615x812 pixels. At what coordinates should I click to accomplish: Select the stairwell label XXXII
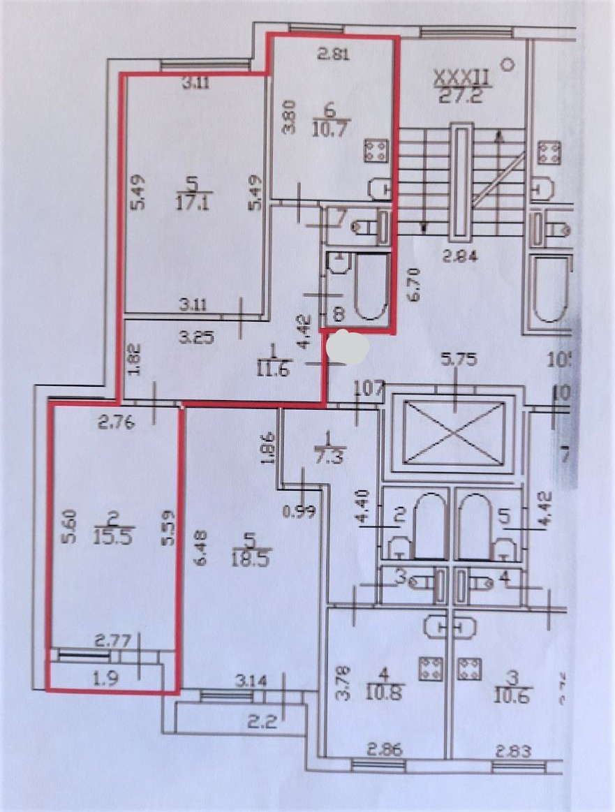[x=463, y=76]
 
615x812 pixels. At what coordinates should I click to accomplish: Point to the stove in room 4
[x=430, y=669]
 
